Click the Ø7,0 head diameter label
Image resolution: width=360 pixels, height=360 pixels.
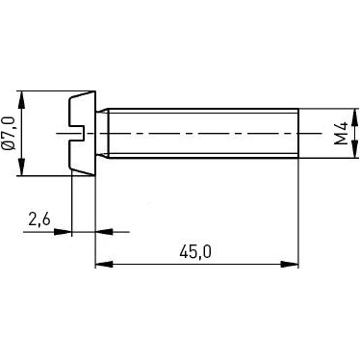point(10,133)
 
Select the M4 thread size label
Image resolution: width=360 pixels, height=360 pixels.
point(340,134)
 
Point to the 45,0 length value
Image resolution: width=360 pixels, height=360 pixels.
point(196,252)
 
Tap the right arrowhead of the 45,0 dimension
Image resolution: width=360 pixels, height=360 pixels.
point(292,263)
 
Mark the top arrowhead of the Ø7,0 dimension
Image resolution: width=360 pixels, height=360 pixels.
point(22,97)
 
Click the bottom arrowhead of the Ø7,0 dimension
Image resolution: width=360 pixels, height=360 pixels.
point(22,169)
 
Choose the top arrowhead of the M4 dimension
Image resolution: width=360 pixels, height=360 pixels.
point(353,113)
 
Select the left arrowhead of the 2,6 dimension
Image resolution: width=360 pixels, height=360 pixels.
point(64,232)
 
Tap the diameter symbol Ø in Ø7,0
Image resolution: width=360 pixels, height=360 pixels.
point(10,146)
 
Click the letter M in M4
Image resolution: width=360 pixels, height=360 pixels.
point(340,140)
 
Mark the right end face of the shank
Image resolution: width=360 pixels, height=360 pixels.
point(297,134)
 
